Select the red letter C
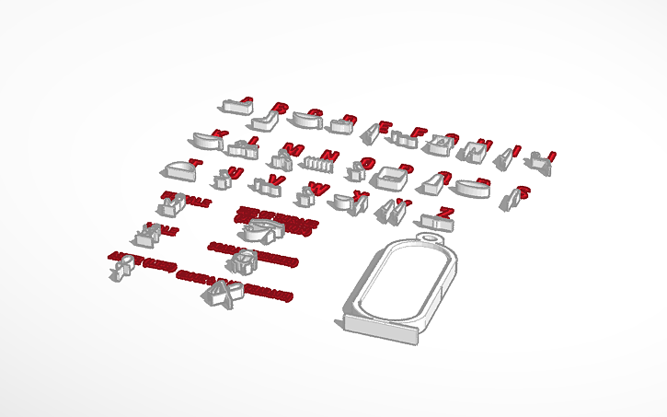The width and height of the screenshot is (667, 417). click(316, 113)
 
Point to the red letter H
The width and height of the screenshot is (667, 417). click(489, 143)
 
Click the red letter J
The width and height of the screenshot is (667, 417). click(551, 155)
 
